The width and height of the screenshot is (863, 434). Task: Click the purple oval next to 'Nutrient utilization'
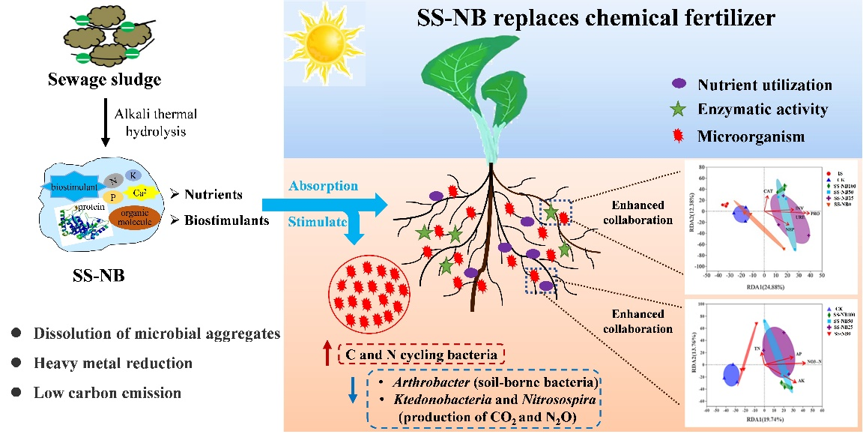pyautogui.click(x=679, y=85)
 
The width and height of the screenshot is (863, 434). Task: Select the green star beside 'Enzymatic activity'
pyautogui.click(x=679, y=110)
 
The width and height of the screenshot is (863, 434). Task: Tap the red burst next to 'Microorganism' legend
pyautogui.click(x=679, y=135)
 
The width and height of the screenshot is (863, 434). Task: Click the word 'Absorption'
pyautogui.click(x=321, y=186)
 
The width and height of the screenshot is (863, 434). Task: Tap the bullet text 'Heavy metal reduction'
pyautogui.click(x=112, y=364)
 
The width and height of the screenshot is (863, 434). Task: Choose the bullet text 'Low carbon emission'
pyautogui.click(x=107, y=392)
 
